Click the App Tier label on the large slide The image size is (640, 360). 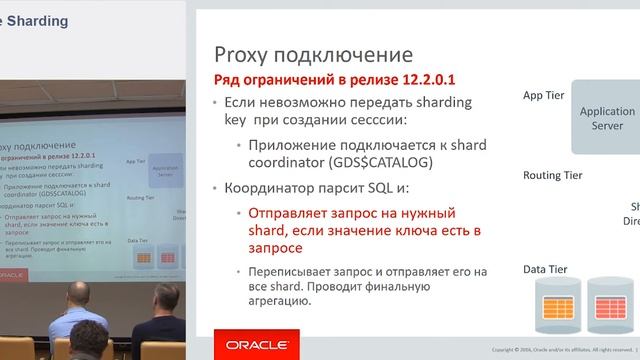545,96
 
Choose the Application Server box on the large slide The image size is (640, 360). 607,119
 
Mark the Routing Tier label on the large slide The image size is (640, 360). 554,175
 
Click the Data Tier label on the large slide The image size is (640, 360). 547,270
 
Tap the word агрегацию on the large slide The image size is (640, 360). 269,307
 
